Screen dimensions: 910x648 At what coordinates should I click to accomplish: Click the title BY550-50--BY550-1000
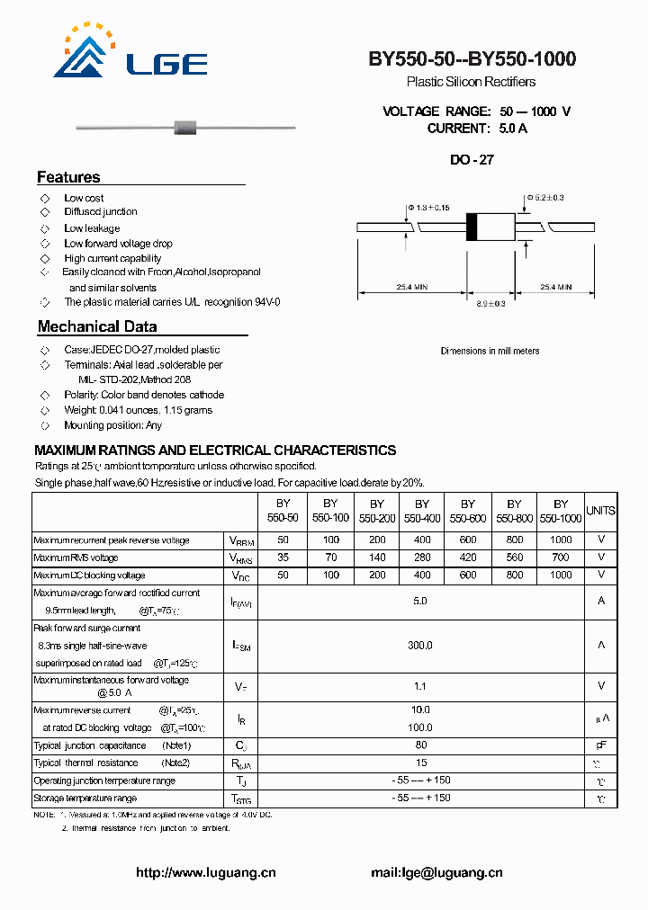coord(472,59)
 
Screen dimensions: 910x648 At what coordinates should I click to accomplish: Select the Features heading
coord(68,177)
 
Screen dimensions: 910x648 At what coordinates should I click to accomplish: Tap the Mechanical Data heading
coord(97,327)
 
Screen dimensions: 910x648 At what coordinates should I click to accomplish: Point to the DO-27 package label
coord(472,160)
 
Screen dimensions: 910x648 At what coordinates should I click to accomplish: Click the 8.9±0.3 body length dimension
coord(490,304)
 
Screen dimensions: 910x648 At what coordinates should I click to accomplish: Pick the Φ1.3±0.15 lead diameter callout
coord(428,208)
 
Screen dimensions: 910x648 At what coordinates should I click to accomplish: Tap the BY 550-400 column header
coord(422,512)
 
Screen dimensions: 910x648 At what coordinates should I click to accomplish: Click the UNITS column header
coord(600,511)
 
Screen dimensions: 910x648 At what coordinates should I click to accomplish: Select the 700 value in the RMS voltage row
coord(561,558)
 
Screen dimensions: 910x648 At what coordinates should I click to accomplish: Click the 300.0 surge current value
coord(420,646)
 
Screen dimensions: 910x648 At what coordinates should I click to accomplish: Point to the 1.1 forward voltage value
coord(420,686)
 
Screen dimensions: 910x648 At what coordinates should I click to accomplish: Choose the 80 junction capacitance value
coord(420,745)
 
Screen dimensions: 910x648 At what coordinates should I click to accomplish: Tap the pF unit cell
coord(600,745)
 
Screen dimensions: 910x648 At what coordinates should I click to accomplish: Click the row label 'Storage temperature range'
coord(85,798)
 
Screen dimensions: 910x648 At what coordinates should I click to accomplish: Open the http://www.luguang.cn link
coord(205,872)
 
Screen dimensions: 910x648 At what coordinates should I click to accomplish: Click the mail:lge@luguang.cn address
coord(436,872)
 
